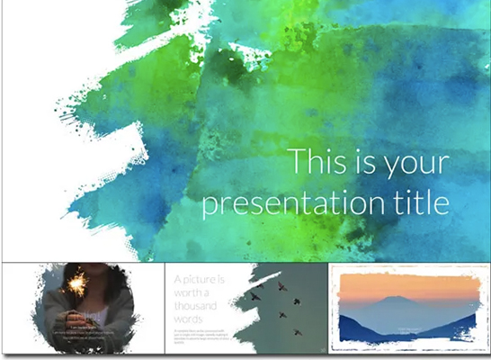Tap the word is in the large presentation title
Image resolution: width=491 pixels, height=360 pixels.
pyautogui.click(x=361, y=164)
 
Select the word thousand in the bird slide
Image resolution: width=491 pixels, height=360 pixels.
pyautogui.click(x=198, y=307)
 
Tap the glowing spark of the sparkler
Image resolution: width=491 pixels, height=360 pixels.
pyautogui.click(x=77, y=278)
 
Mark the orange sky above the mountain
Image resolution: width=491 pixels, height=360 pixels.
pyautogui.click(x=405, y=283)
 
